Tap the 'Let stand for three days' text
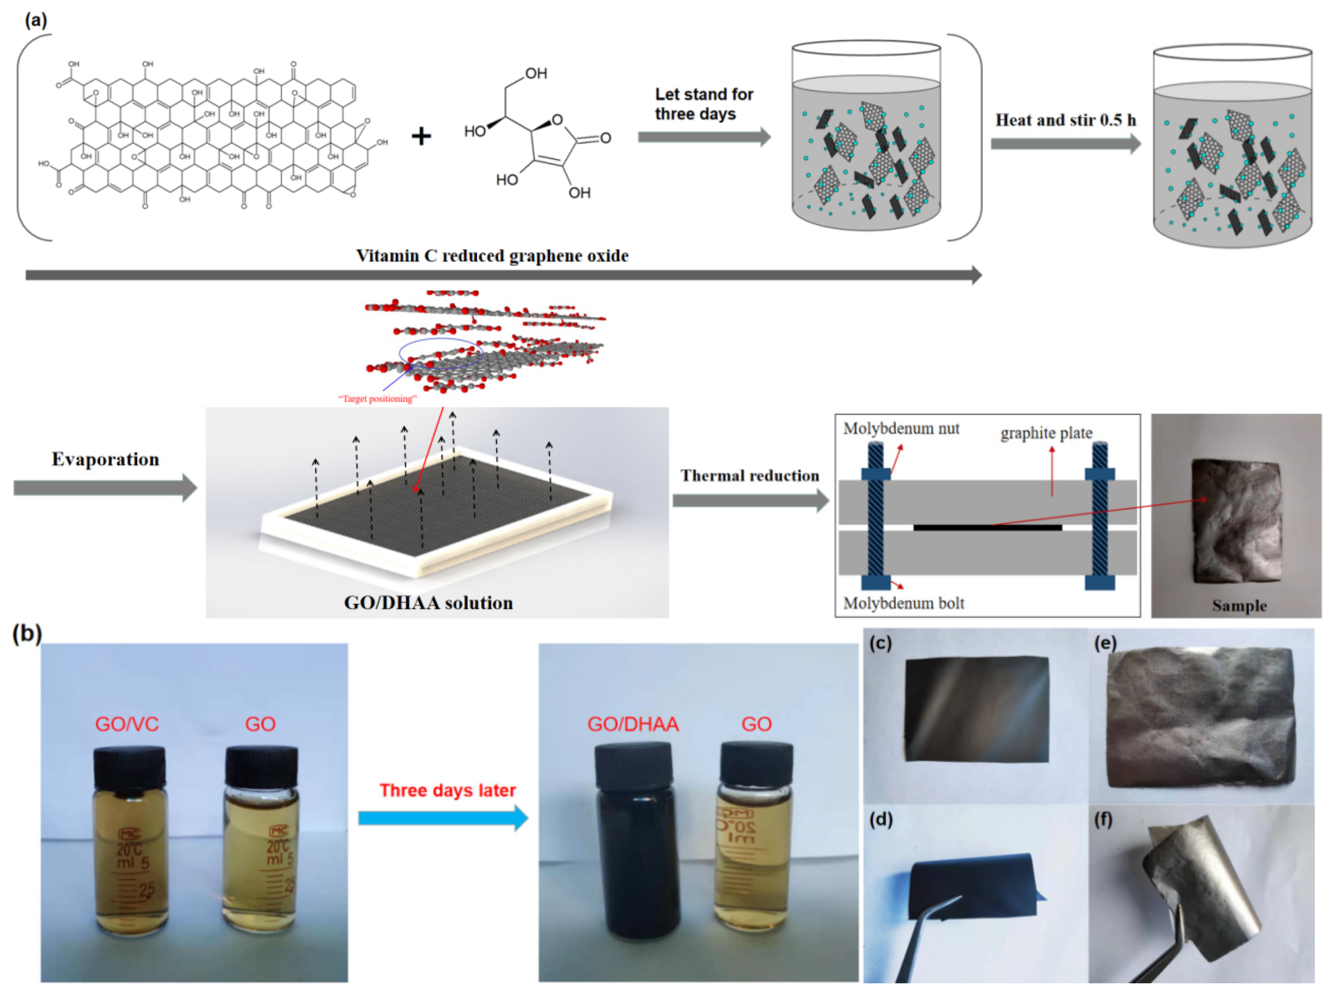coord(704,104)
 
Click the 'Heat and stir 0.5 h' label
coord(1065,120)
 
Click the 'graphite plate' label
coord(1046,433)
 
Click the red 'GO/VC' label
coord(127,724)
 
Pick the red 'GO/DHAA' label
coord(633,724)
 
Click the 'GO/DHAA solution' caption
coord(428,603)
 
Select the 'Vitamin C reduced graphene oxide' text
coord(492,256)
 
